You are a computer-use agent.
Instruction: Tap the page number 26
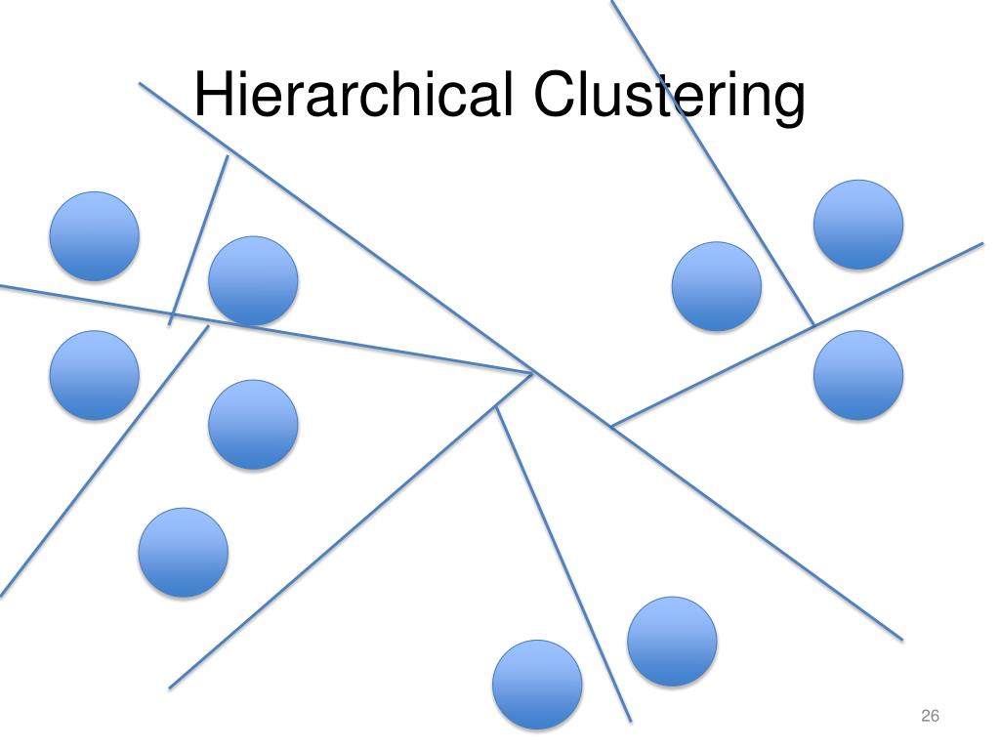click(930, 718)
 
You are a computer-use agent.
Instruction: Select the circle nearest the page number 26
click(672, 641)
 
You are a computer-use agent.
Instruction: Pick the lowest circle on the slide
click(537, 685)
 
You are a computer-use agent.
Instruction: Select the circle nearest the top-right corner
click(858, 225)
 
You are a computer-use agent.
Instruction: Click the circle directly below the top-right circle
click(858, 375)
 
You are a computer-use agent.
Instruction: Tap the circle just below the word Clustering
click(717, 287)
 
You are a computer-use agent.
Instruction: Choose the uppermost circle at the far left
click(95, 236)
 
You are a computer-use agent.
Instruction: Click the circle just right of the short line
click(253, 281)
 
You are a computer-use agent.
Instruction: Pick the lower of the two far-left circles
click(94, 375)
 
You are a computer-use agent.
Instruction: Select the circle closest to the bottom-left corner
click(184, 553)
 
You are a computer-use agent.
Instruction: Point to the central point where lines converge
click(532, 372)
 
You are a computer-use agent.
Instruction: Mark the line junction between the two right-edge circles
click(813, 323)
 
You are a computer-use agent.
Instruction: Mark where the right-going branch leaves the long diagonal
click(611, 426)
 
